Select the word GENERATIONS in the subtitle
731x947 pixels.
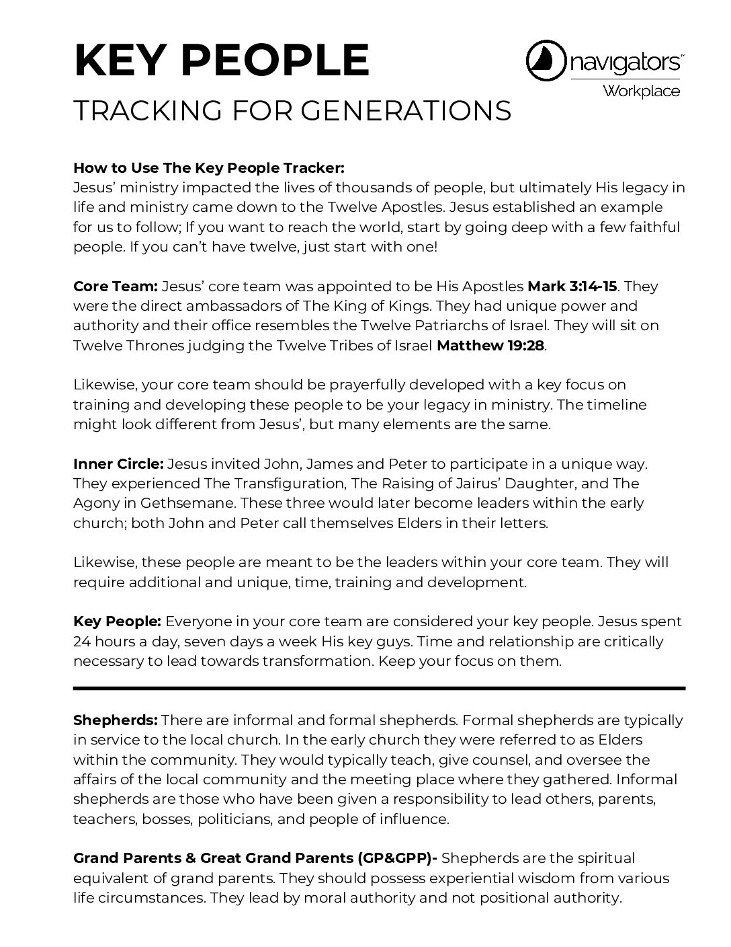click(x=406, y=112)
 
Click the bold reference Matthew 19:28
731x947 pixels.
click(x=490, y=345)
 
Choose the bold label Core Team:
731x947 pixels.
click(x=115, y=286)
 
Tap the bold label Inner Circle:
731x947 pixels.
click(x=118, y=463)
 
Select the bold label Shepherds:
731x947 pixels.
click(x=115, y=720)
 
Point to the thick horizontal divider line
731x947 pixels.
click(x=379, y=688)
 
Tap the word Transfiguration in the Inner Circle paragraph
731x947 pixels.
click(x=275, y=483)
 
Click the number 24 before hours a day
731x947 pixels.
click(x=82, y=641)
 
